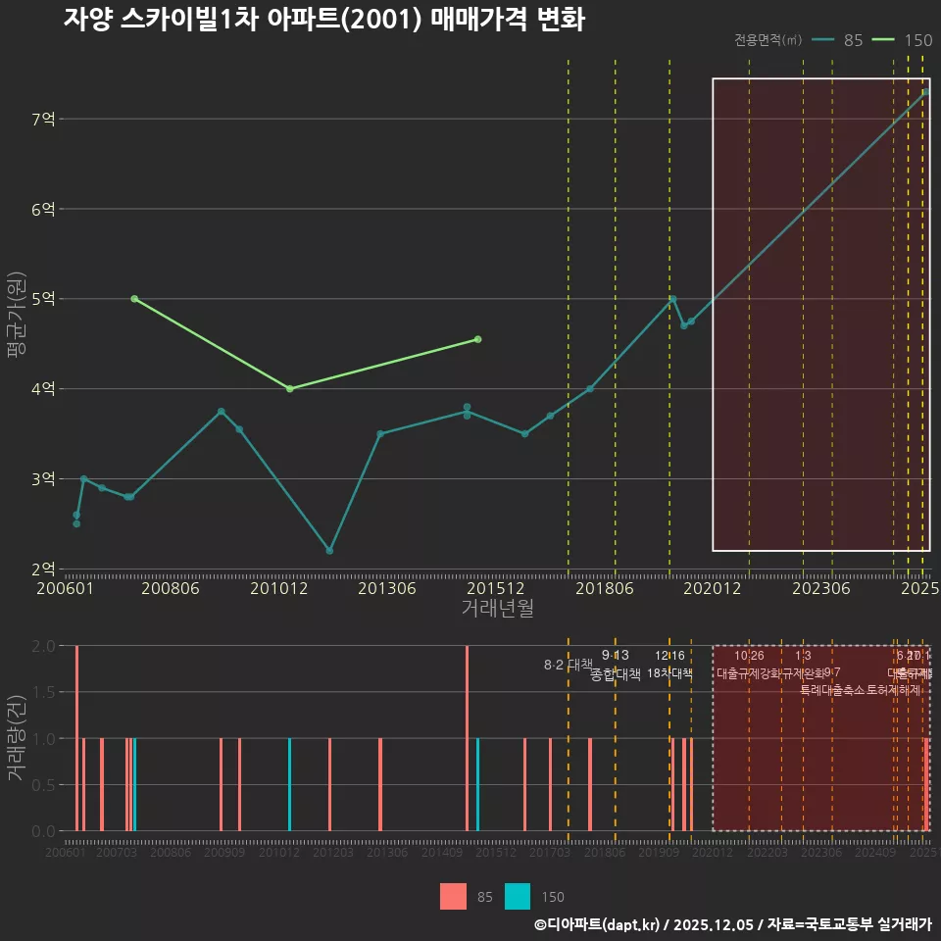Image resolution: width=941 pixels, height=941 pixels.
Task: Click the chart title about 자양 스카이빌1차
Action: [323, 20]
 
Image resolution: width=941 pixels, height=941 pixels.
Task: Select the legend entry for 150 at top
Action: [902, 40]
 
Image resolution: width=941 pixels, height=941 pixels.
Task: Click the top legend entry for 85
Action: [839, 40]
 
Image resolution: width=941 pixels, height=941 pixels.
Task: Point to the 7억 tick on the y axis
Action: [43, 119]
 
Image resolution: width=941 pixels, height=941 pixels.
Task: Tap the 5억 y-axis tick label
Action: [43, 299]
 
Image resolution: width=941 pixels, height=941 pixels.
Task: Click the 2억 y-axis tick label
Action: [43, 569]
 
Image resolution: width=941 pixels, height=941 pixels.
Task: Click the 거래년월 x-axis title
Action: [497, 608]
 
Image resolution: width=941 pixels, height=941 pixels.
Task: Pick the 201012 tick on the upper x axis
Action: [278, 588]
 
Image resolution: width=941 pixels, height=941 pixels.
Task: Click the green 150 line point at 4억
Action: [289, 389]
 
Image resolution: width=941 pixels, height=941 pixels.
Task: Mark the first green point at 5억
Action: [134, 299]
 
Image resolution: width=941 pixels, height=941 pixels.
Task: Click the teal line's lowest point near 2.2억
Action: [329, 551]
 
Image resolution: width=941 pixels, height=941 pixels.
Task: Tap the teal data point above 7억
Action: [925, 92]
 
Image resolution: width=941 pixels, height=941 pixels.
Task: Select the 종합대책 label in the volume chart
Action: [616, 674]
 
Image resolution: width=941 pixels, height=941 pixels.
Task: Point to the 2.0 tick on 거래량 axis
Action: [43, 646]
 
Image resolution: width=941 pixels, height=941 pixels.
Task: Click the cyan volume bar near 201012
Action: [289, 784]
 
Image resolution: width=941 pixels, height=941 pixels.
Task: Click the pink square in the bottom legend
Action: [453, 896]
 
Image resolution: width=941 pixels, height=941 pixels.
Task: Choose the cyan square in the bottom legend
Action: [518, 896]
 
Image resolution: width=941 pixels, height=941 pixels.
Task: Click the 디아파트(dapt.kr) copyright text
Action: [598, 924]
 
